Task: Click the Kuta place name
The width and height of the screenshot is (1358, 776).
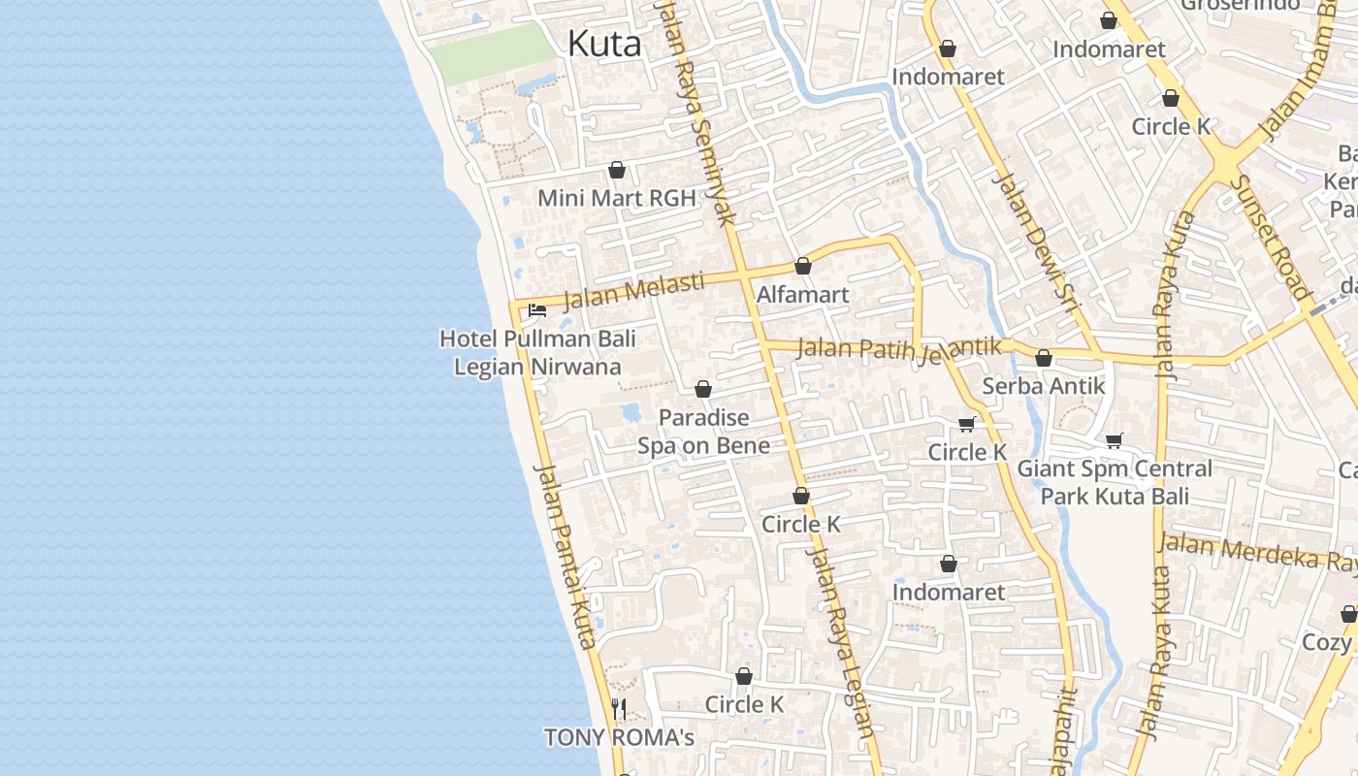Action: tap(603, 45)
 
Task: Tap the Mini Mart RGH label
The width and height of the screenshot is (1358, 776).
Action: tap(616, 199)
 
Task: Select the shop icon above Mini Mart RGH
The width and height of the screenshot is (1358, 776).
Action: tap(616, 171)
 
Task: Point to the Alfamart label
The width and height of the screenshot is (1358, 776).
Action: tap(802, 295)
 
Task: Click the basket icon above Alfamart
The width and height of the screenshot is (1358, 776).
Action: tap(802, 266)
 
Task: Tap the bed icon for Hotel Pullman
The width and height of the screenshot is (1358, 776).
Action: tap(536, 310)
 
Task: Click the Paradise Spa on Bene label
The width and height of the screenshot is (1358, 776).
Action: tap(703, 432)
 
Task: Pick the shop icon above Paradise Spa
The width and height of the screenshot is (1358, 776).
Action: tap(703, 389)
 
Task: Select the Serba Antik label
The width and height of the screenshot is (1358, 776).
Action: tap(1043, 386)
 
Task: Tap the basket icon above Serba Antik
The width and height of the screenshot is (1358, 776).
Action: tap(1043, 358)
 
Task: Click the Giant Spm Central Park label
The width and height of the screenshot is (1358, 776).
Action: tap(1115, 482)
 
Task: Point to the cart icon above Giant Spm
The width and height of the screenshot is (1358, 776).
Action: tap(1115, 441)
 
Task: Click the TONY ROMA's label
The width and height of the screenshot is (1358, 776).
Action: tap(619, 737)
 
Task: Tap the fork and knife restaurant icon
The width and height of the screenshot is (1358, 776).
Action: tap(619, 709)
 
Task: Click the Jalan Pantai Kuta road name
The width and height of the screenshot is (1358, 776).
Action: tap(564, 557)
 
